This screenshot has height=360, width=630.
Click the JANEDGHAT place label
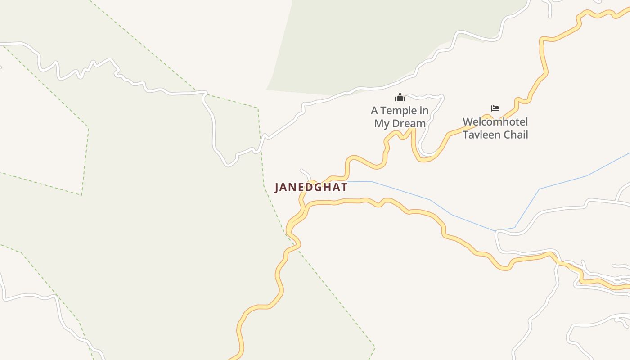[311, 187]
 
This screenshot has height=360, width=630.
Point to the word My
[382, 123]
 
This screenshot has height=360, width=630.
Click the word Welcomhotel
[495, 122]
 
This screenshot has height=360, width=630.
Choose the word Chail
[516, 135]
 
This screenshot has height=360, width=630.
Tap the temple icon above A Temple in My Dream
[400, 97]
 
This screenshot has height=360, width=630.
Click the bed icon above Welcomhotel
[495, 108]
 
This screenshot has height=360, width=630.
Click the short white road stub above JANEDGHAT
[306, 173]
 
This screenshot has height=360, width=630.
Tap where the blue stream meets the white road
[496, 231]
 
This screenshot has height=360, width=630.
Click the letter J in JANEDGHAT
[277, 188]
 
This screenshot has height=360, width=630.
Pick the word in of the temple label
[423, 111]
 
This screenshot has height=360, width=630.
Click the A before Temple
[374, 111]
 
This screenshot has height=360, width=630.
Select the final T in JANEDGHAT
[344, 187]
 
